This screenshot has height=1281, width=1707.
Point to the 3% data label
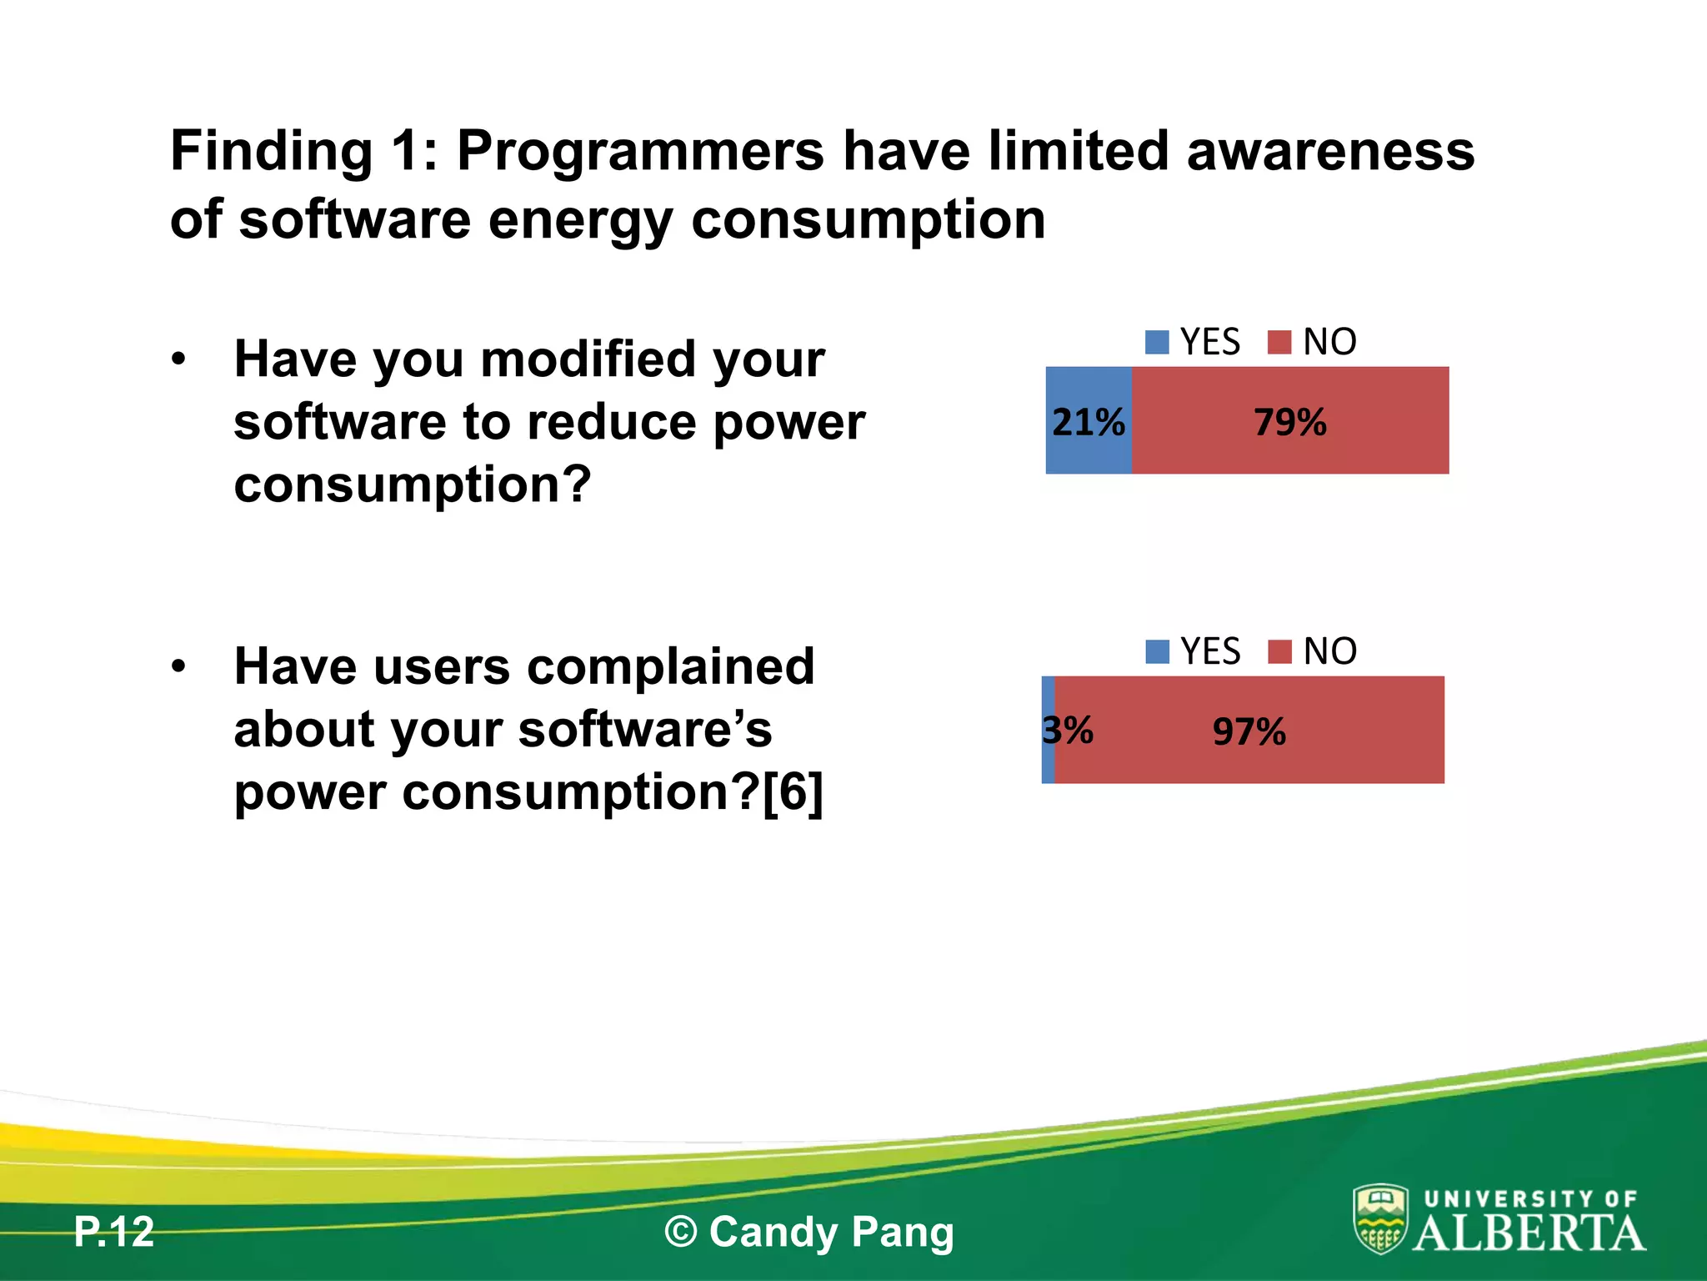point(1068,731)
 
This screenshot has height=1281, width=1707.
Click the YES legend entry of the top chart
point(1194,342)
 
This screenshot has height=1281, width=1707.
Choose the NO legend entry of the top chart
point(1313,342)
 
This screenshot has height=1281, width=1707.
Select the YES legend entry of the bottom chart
point(1194,651)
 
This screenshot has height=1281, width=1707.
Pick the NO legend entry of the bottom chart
point(1313,651)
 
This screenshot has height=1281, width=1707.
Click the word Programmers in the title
point(640,152)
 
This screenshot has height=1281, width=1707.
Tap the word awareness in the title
point(1330,152)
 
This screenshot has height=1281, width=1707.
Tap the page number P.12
point(114,1232)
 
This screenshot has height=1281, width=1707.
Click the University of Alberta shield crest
point(1380,1219)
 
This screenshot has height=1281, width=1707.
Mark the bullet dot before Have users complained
point(178,667)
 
